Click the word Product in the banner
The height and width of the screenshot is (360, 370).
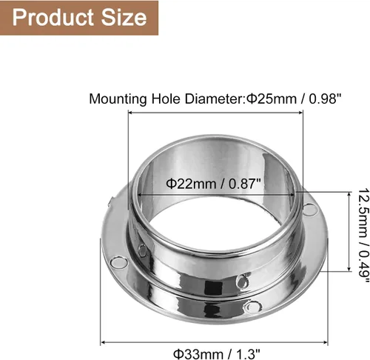click(x=53, y=18)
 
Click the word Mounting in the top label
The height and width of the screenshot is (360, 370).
click(x=118, y=99)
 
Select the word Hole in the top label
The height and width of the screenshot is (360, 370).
click(x=166, y=99)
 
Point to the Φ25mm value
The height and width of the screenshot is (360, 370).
click(x=272, y=99)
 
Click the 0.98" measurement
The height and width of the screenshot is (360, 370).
click(x=325, y=99)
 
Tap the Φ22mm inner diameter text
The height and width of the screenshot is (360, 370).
click(x=192, y=184)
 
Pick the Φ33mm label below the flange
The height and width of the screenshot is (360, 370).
click(x=198, y=354)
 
